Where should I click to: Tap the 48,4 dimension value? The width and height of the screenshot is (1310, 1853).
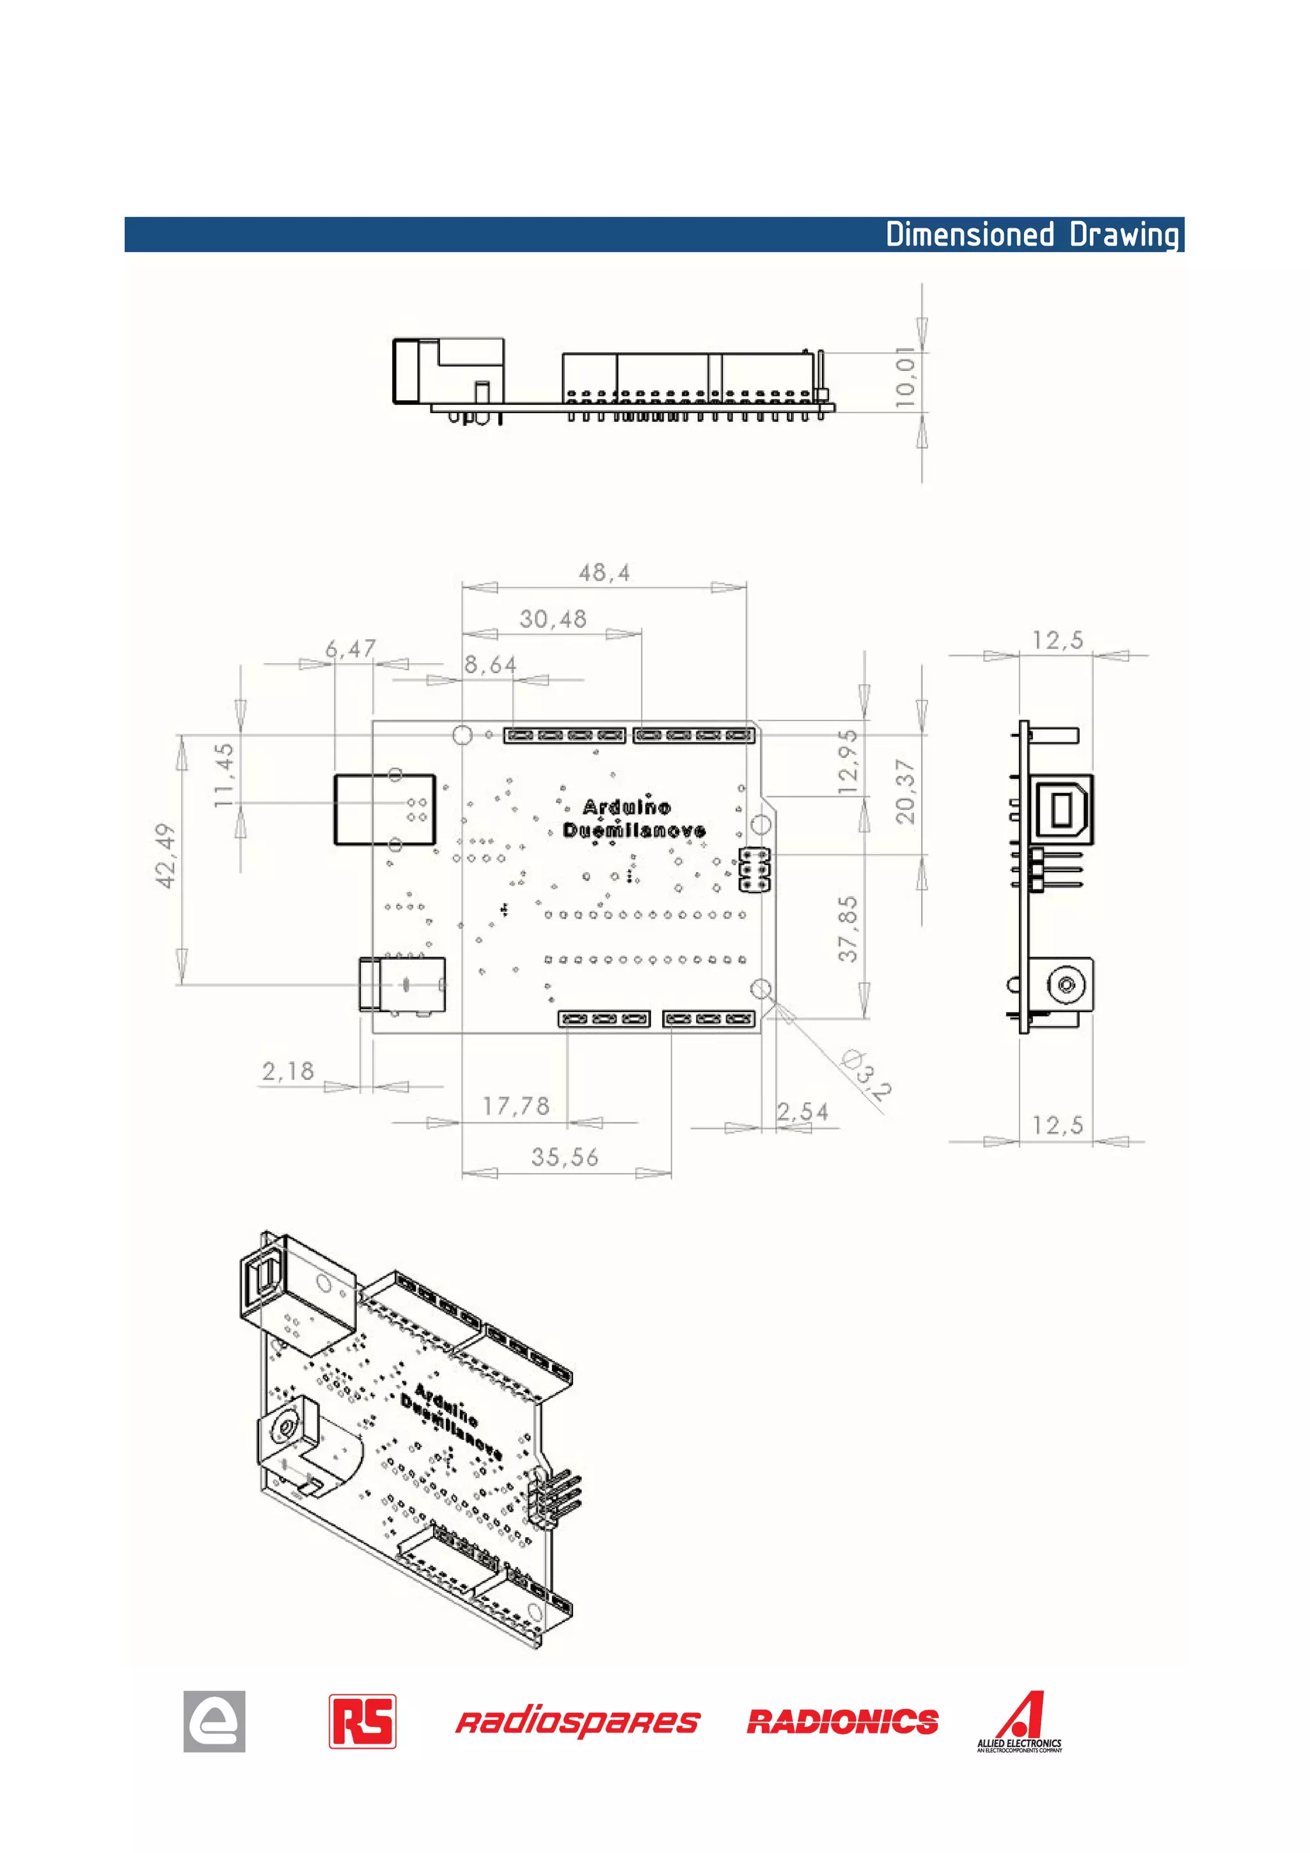point(604,573)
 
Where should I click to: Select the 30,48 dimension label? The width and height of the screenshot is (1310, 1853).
point(553,619)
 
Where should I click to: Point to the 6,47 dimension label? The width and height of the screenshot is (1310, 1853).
point(351,648)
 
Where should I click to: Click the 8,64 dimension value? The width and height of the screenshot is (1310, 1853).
point(490,664)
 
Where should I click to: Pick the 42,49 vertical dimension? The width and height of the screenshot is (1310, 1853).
point(166,856)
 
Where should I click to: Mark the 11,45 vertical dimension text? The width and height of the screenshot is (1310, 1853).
point(225,776)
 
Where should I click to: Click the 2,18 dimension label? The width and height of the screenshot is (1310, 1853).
point(287,1071)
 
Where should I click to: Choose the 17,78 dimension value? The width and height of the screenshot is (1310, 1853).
point(516,1106)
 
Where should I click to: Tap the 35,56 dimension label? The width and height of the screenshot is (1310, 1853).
point(564,1157)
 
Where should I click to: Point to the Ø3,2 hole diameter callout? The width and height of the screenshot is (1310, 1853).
point(866,1074)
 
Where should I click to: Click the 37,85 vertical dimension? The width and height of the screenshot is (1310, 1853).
point(848,929)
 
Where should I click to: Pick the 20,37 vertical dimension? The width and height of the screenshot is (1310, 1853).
point(906,791)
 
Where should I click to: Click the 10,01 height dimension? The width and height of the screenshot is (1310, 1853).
point(906,377)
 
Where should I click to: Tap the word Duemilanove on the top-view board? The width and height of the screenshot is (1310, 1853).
point(634,831)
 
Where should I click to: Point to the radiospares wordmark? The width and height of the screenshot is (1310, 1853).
point(577,1723)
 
